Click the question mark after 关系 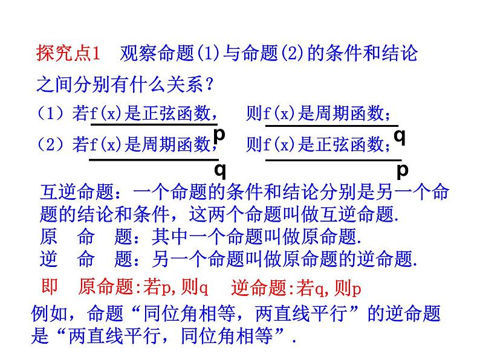pos(209,85)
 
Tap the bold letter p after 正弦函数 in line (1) pos(220,133)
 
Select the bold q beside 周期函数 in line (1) pos(400,136)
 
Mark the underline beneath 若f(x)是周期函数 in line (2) pos(154,159)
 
